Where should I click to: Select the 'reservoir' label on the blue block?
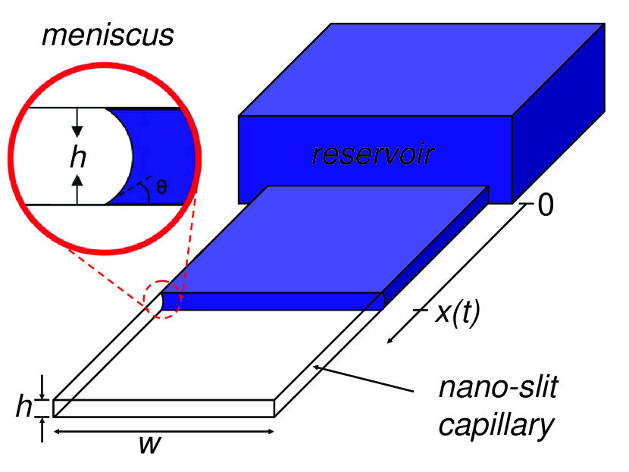372,155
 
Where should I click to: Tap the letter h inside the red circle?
77,158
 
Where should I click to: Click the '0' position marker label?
545,205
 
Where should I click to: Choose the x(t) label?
457,314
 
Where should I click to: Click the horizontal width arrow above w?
164,431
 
